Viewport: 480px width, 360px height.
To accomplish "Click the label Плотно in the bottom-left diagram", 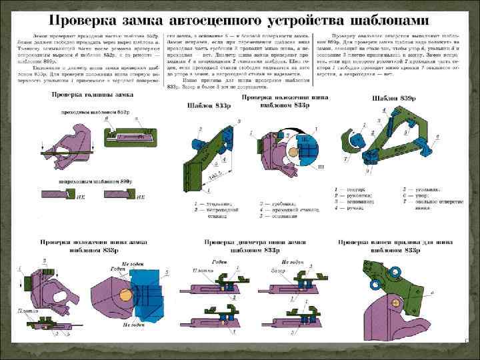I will [27, 311].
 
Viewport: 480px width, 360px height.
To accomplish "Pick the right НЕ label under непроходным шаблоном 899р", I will [140, 198].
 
